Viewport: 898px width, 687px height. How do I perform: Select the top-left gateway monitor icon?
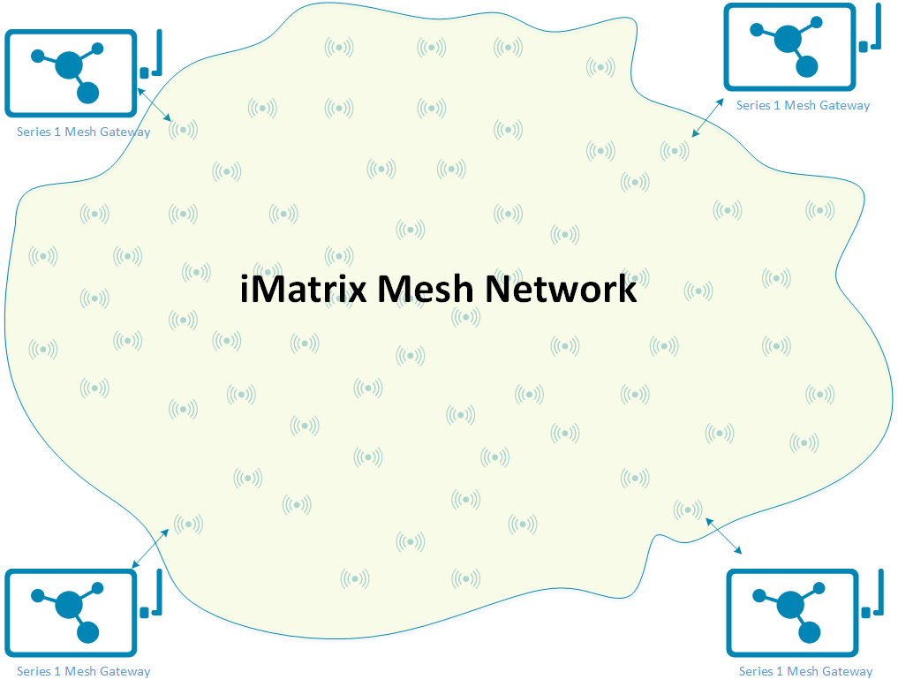tap(72, 73)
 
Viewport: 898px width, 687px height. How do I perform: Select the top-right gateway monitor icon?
tap(789, 47)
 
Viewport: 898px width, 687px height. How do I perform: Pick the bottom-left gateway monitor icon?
tap(72, 613)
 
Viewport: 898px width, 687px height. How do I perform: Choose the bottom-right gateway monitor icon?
tap(792, 612)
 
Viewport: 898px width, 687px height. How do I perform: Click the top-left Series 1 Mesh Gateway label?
tap(83, 132)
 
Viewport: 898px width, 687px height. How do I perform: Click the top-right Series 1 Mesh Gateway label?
tap(803, 105)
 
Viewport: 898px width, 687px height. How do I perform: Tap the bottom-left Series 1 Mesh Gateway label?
tap(83, 672)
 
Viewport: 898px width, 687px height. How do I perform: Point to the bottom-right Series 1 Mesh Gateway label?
tap(805, 672)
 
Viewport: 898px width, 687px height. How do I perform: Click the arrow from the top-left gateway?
tap(155, 104)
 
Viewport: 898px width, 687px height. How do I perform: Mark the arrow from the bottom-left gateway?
tap(150, 547)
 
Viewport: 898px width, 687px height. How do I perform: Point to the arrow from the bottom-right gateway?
tap(723, 536)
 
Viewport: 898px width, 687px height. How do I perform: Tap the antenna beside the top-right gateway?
tap(872, 29)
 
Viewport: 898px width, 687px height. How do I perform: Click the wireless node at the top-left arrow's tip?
tap(184, 130)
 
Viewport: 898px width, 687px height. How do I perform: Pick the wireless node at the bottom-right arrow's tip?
tap(687, 510)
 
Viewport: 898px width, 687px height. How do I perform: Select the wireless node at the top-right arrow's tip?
tap(675, 150)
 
